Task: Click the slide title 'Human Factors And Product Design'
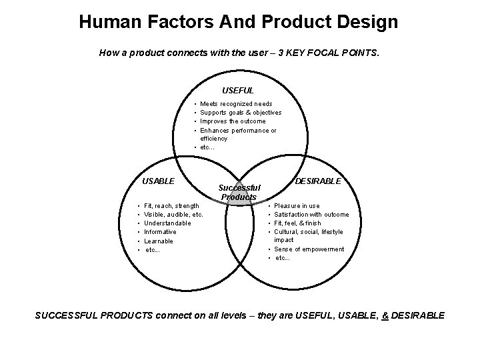(239, 22)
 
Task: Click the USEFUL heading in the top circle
(238, 90)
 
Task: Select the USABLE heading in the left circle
(159, 181)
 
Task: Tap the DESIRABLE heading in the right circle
(318, 181)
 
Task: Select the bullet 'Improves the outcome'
(233, 121)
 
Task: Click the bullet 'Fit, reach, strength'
(171, 206)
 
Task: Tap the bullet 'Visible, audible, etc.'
(174, 215)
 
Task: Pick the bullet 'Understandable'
(168, 223)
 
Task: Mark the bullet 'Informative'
(161, 232)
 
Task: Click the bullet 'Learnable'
(159, 241)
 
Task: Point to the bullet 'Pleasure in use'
(297, 206)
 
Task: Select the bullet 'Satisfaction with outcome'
(311, 215)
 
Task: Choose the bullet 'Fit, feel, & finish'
(297, 223)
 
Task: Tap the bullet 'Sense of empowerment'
(309, 249)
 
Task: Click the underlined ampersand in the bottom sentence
(385, 315)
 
